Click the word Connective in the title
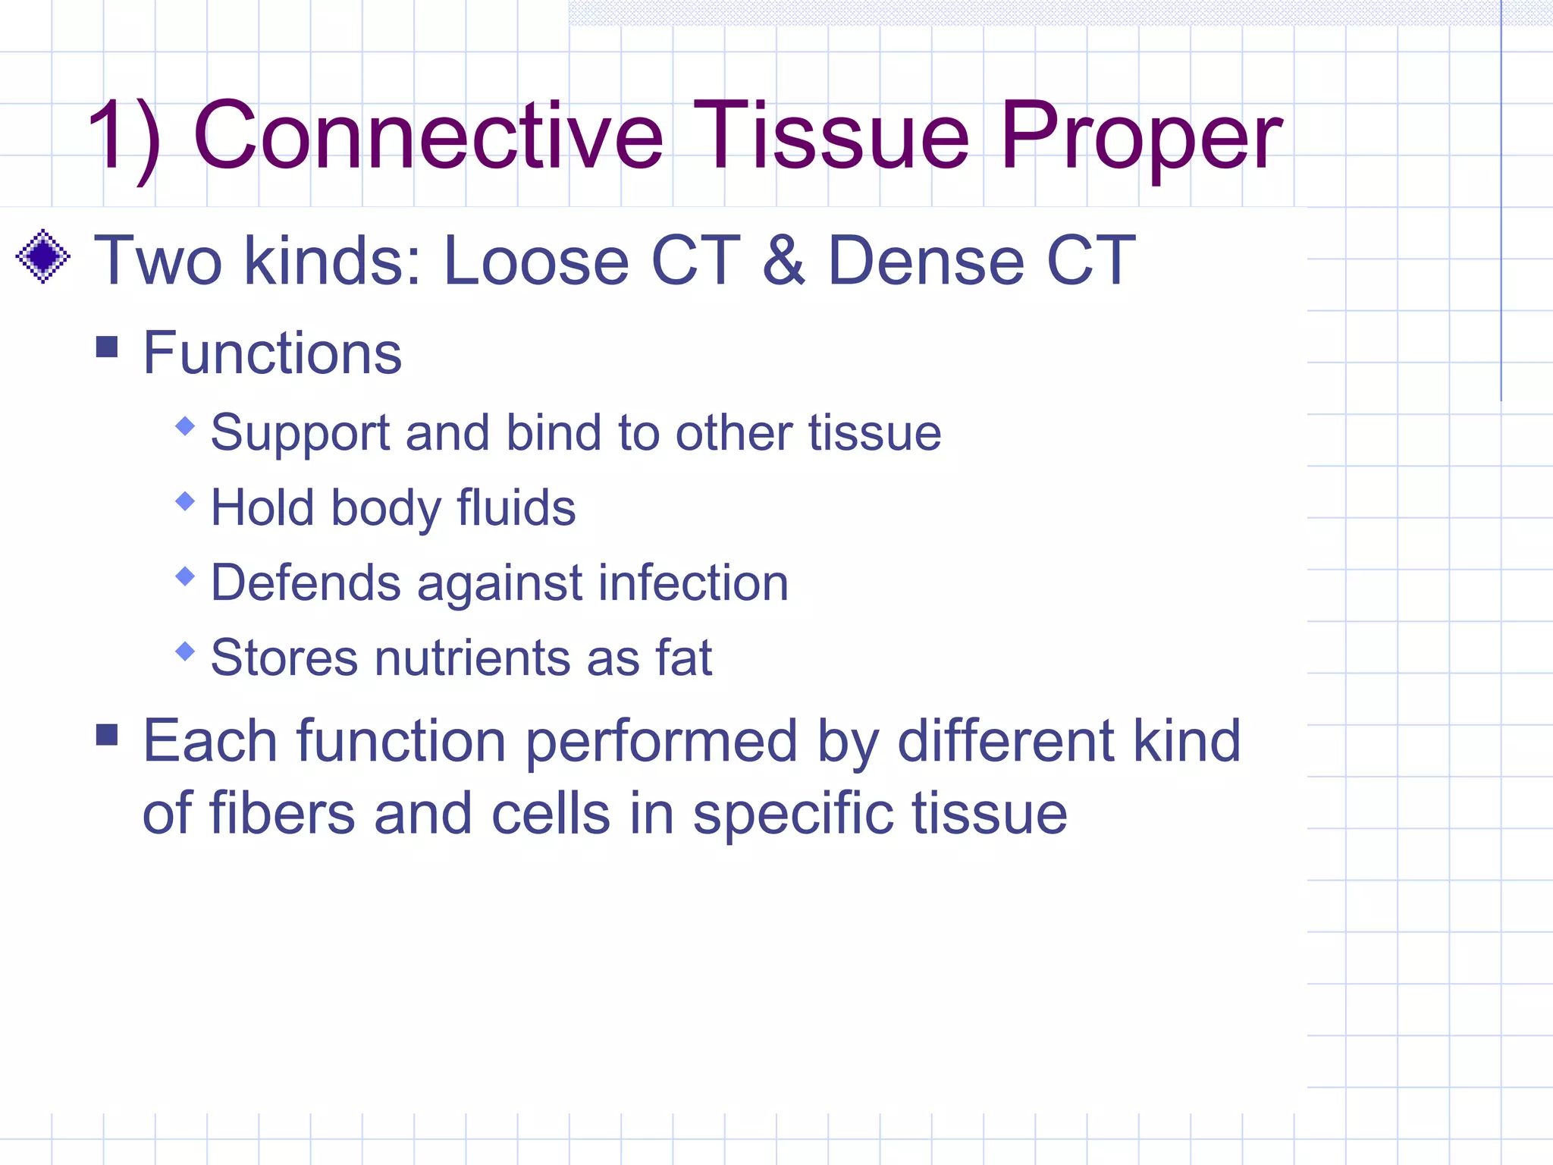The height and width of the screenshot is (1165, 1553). point(428,137)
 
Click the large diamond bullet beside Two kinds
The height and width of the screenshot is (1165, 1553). point(43,256)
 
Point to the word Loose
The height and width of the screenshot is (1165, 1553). point(535,261)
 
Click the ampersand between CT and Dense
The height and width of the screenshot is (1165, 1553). point(784,261)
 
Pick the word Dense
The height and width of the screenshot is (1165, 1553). point(926,261)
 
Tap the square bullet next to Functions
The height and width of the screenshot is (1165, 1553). point(108,347)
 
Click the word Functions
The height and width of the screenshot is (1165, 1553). point(272,353)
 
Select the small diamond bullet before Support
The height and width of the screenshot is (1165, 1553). point(185,426)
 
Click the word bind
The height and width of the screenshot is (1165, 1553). point(553,433)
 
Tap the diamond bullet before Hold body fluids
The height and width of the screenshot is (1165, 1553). point(185,501)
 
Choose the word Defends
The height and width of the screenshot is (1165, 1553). point(305,582)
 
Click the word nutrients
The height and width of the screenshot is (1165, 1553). point(471,657)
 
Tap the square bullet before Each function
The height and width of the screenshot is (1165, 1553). point(108,734)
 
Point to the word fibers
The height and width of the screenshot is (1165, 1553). point(282,814)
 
